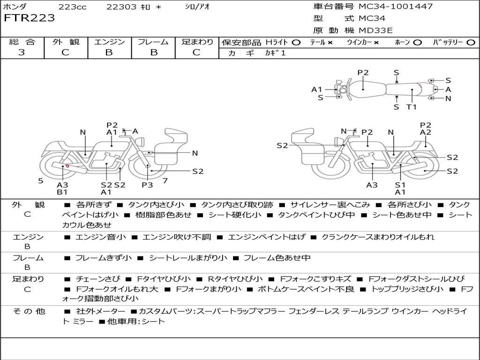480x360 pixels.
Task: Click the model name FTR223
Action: [x=30, y=18]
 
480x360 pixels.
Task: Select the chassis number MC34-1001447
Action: [x=395, y=7]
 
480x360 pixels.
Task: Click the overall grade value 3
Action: [x=22, y=52]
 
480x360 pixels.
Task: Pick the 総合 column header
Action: [x=22, y=42]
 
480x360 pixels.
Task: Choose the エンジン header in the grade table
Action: [x=109, y=42]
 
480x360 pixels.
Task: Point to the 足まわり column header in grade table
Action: [x=197, y=42]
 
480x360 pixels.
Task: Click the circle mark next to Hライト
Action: [x=296, y=43]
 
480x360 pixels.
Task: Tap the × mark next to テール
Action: [x=330, y=43]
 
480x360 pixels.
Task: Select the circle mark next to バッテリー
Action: [x=471, y=43]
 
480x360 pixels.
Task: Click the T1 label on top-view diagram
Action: [x=412, y=107]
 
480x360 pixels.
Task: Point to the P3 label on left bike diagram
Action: [x=147, y=185]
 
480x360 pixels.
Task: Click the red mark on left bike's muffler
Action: [x=68, y=165]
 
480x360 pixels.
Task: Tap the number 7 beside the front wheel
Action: [x=165, y=180]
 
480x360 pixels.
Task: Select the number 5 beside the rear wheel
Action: [x=41, y=180]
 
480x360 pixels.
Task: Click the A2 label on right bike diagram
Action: [x=425, y=132]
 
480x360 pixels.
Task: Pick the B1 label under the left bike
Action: [x=62, y=192]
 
